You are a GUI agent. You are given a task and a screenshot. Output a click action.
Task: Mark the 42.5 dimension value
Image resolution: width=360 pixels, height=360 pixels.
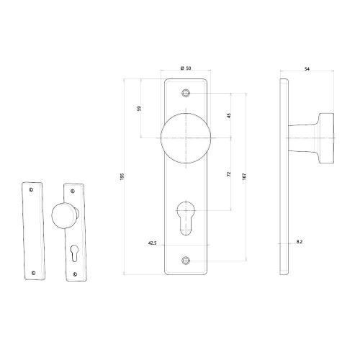click(152, 243)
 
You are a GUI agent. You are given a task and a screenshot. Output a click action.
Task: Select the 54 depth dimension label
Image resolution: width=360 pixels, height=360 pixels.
click(307, 68)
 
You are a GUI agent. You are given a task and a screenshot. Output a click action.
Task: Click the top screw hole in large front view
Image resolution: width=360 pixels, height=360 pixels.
click(187, 93)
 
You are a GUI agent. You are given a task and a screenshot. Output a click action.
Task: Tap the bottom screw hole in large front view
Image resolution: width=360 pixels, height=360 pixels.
click(187, 260)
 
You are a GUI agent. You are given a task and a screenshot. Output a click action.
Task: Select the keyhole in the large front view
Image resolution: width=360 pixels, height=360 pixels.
click(187, 215)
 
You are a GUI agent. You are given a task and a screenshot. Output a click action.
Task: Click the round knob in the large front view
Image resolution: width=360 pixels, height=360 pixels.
click(187, 140)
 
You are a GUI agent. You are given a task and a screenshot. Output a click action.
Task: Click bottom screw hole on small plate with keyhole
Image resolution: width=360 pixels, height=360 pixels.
click(76, 275)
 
